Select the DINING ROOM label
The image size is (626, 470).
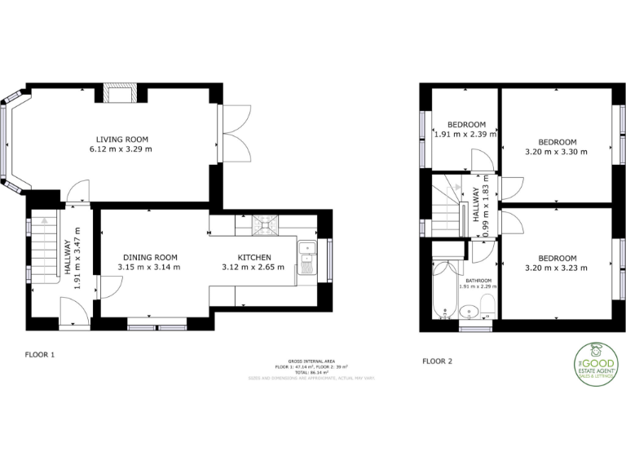pos(148,257)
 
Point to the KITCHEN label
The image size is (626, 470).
pos(254,257)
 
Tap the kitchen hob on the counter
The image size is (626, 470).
pos(264,224)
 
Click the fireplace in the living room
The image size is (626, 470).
pos(121,93)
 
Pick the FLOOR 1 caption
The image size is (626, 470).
pos(39,355)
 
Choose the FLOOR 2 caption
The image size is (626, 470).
pos(437,360)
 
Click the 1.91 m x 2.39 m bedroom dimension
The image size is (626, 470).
pos(465,135)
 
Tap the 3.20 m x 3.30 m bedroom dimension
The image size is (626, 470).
pos(557,151)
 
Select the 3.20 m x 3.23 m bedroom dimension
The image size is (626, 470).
pos(557,268)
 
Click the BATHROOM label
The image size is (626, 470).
pos(478,280)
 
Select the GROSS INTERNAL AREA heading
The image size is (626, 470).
pos(312,360)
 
